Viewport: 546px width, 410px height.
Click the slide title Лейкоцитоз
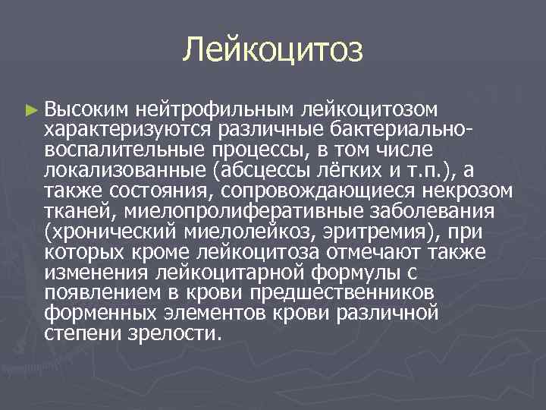tap(273, 51)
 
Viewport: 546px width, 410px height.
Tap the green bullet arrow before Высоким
tap(30, 111)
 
